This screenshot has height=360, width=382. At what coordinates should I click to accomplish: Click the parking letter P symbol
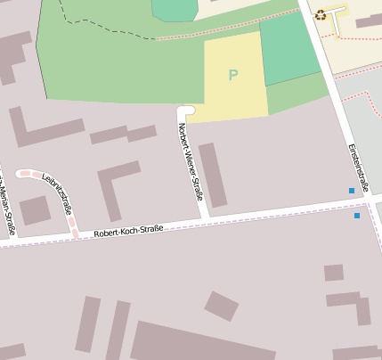click(x=233, y=75)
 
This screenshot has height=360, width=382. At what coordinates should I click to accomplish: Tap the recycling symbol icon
click(x=321, y=14)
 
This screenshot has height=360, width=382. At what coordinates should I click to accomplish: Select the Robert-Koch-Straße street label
click(x=127, y=231)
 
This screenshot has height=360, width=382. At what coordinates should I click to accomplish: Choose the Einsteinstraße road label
click(x=357, y=165)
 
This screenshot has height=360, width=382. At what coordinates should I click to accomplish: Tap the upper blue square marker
click(x=352, y=192)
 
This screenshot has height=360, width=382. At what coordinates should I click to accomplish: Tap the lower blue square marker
click(x=357, y=215)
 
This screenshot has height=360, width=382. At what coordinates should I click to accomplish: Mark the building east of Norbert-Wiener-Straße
click(x=212, y=175)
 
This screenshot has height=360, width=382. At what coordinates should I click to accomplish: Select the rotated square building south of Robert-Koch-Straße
click(x=221, y=306)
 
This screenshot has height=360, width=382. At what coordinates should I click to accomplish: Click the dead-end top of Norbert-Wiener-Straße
click(x=185, y=110)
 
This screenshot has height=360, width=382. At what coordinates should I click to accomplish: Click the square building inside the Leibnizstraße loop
click(x=35, y=210)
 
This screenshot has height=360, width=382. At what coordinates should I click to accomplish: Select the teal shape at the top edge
click(x=174, y=8)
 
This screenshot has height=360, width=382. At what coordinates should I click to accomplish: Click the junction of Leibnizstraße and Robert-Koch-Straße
click(x=76, y=233)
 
